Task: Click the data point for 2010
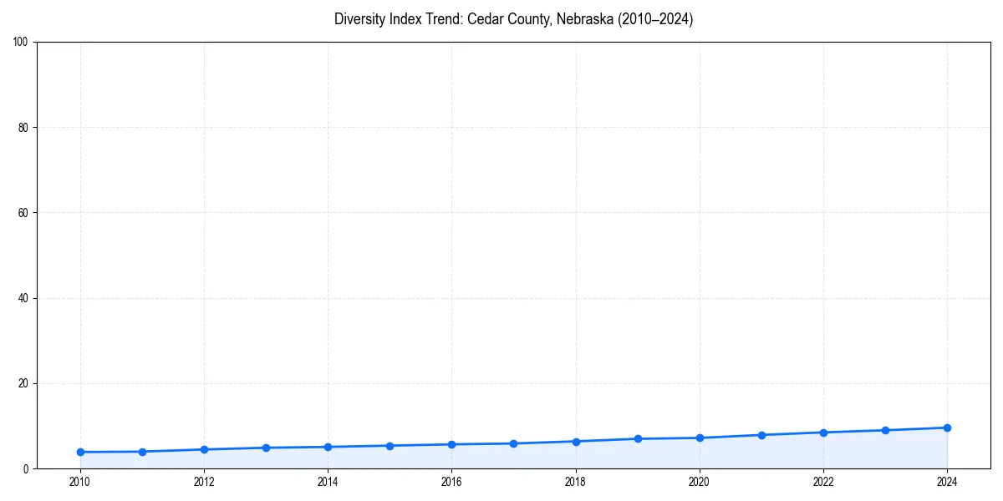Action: click(80, 452)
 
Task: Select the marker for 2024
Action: click(947, 428)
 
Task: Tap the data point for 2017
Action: click(513, 443)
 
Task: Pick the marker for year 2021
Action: click(761, 435)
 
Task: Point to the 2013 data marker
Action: click(266, 448)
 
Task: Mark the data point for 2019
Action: click(638, 438)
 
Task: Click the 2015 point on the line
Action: click(389, 445)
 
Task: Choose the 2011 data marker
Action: click(142, 452)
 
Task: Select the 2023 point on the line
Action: click(885, 430)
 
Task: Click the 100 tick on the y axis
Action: click(21, 43)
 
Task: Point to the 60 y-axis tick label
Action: click(23, 213)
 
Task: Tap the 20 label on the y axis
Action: click(23, 383)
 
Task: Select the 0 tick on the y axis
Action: click(26, 469)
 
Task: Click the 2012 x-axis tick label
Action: click(204, 482)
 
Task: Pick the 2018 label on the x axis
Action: click(575, 482)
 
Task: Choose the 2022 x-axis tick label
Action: click(823, 482)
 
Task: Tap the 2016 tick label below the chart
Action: click(451, 482)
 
